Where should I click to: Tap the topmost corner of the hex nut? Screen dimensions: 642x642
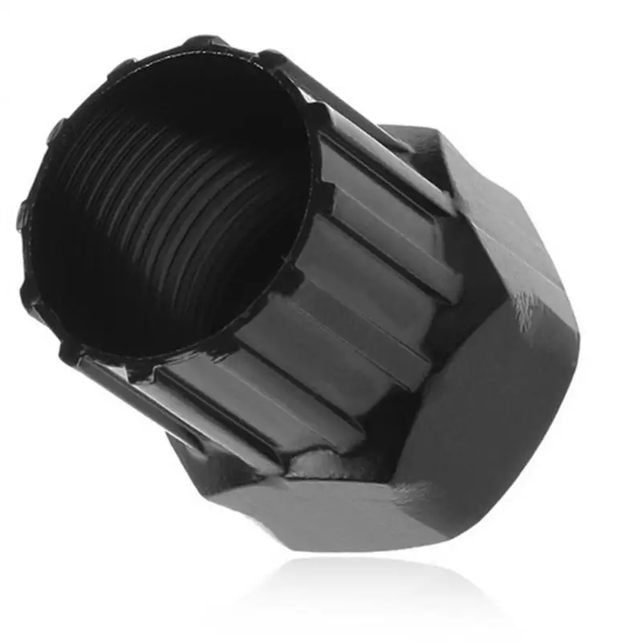(x=417, y=128)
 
